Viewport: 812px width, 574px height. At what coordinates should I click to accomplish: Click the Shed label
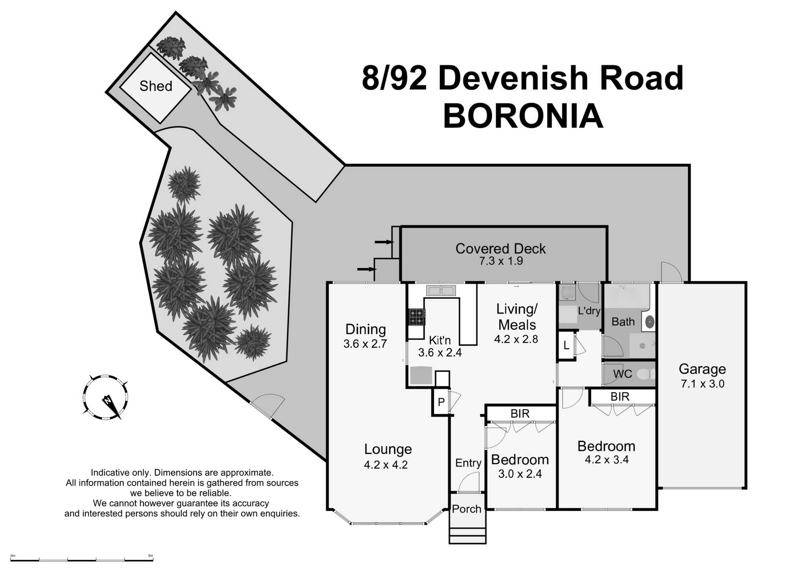pyautogui.click(x=156, y=86)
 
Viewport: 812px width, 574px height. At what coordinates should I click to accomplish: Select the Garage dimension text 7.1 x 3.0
pyautogui.click(x=702, y=384)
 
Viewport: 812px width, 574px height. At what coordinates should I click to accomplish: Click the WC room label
pyautogui.click(x=623, y=374)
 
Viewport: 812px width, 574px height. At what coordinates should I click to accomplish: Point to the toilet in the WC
pyautogui.click(x=645, y=374)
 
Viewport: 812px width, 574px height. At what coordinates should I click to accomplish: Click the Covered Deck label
pyautogui.click(x=500, y=249)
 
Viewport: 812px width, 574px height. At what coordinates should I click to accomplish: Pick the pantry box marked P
pyautogui.click(x=441, y=402)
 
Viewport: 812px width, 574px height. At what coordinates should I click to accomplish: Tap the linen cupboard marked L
pyautogui.click(x=566, y=345)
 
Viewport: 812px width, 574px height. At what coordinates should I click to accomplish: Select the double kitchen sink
pyautogui.click(x=441, y=291)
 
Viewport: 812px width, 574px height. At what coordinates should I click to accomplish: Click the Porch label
pyautogui.click(x=466, y=509)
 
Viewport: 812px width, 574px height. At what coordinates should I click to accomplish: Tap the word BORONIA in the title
pyautogui.click(x=523, y=116)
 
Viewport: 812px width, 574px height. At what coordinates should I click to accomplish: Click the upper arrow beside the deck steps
pyautogui.click(x=384, y=242)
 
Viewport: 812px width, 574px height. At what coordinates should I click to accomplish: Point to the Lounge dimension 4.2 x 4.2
pyautogui.click(x=385, y=465)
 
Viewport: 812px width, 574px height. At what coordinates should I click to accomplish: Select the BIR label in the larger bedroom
pyautogui.click(x=620, y=396)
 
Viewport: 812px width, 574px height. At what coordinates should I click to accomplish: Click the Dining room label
pyautogui.click(x=365, y=329)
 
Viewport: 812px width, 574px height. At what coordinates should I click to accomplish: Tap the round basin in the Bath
pyautogui.click(x=650, y=323)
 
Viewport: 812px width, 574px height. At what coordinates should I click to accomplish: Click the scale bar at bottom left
pyautogui.click(x=82, y=560)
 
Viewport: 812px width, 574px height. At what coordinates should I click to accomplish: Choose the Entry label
pyautogui.click(x=468, y=463)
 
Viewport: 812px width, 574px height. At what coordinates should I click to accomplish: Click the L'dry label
pyautogui.click(x=589, y=311)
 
